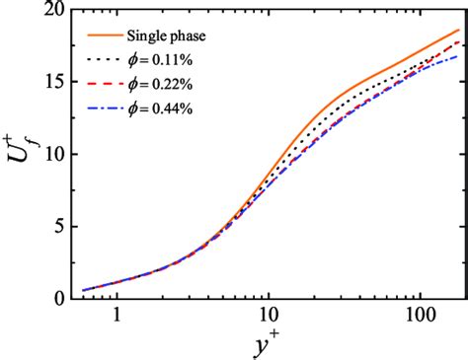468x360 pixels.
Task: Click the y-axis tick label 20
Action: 52,10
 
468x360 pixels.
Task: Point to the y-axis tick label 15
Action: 52,82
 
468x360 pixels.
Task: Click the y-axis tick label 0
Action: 57,298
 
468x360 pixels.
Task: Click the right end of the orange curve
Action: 459,30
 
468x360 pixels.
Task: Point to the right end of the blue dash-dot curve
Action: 458,56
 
